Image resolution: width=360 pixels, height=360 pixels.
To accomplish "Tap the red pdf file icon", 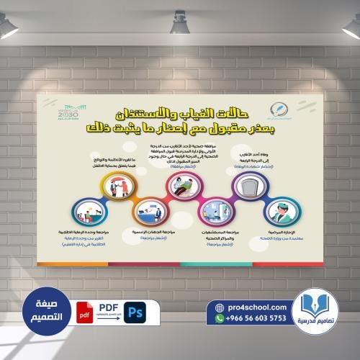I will pos(86,313).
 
